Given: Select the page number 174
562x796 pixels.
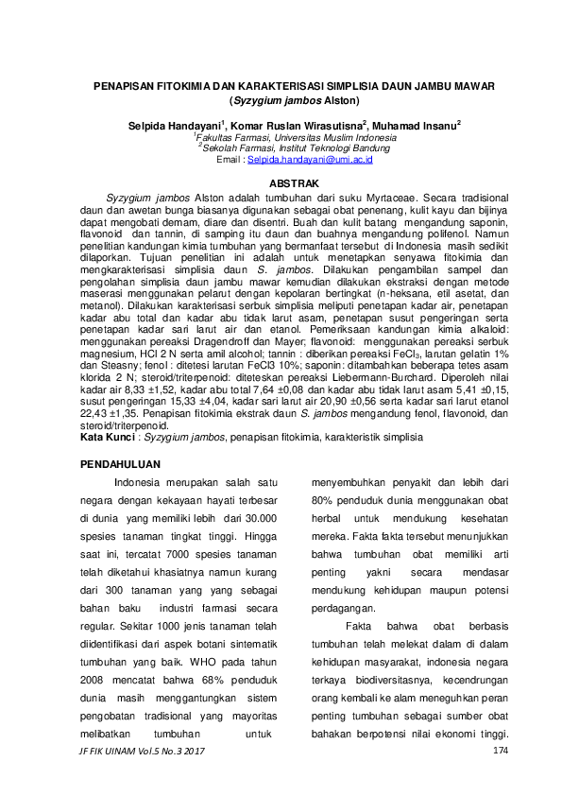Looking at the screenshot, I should tap(501, 750).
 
